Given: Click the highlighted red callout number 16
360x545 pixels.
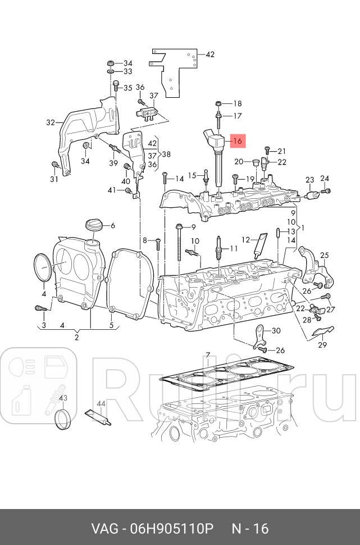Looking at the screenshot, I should pyautogui.click(x=238, y=141).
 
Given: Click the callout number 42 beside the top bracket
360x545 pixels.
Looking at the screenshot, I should pyautogui.click(x=210, y=54).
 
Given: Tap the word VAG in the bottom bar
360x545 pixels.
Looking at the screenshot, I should pyautogui.click(x=104, y=529).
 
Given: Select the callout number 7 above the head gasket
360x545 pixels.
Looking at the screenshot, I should pyautogui.click(x=207, y=355).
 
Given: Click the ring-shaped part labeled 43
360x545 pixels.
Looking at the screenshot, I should pyautogui.click(x=63, y=419).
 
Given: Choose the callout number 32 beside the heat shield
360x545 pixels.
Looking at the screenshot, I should pyautogui.click(x=51, y=122).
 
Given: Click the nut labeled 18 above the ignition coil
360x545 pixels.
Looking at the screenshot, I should pyautogui.click(x=219, y=103).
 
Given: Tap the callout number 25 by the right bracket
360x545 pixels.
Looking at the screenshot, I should pyautogui.click(x=325, y=256).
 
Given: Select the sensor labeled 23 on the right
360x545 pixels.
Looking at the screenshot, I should pyautogui.click(x=313, y=196).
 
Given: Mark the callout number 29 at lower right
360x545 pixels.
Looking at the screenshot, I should pyautogui.click(x=322, y=345).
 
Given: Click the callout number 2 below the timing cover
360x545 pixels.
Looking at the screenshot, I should pyautogui.click(x=76, y=337).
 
